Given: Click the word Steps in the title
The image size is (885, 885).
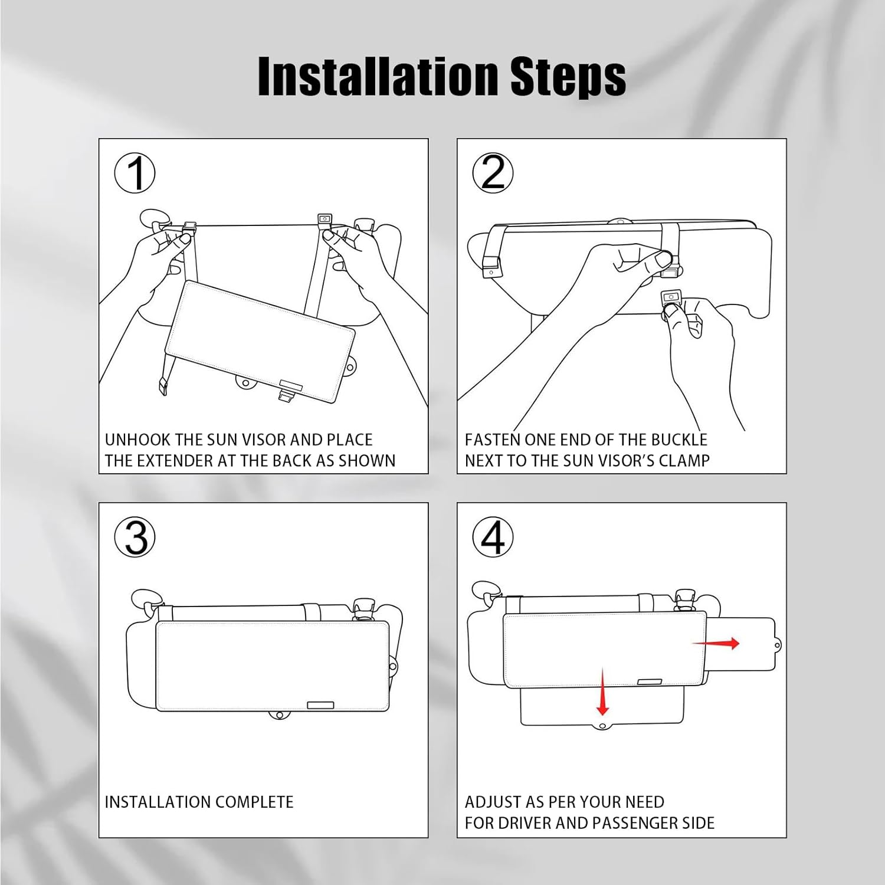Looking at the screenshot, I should click(568, 77).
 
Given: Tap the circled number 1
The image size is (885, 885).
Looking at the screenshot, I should click(135, 173).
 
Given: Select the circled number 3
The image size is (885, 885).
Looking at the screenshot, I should click(135, 537).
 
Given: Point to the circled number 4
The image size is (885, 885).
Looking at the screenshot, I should click(493, 537).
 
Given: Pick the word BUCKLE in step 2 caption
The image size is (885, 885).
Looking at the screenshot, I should click(679, 440).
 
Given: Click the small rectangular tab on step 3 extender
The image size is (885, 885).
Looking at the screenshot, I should click(320, 705).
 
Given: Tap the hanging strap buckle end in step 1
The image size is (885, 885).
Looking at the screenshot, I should click(161, 387).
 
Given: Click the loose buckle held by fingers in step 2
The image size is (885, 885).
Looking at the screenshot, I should click(671, 298).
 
